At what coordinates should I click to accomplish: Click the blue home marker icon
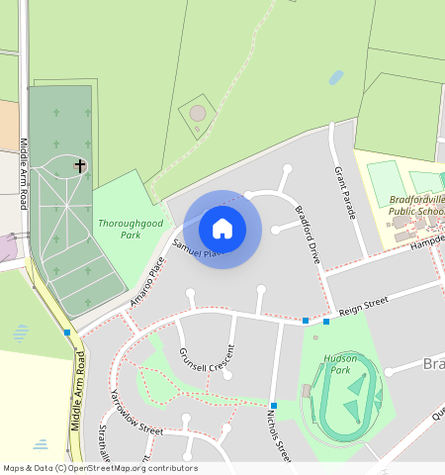tap(222, 229)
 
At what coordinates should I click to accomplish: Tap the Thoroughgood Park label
tap(130, 230)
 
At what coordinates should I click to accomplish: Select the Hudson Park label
tap(338, 364)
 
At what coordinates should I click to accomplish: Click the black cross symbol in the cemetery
tap(80, 166)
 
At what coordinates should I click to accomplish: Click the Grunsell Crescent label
tap(207, 358)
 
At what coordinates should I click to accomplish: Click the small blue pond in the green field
tap(336, 76)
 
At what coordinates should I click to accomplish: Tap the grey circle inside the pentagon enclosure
tap(198, 114)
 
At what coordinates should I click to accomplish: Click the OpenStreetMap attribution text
tap(99, 468)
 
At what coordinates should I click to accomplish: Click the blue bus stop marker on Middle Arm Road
tap(66, 332)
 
